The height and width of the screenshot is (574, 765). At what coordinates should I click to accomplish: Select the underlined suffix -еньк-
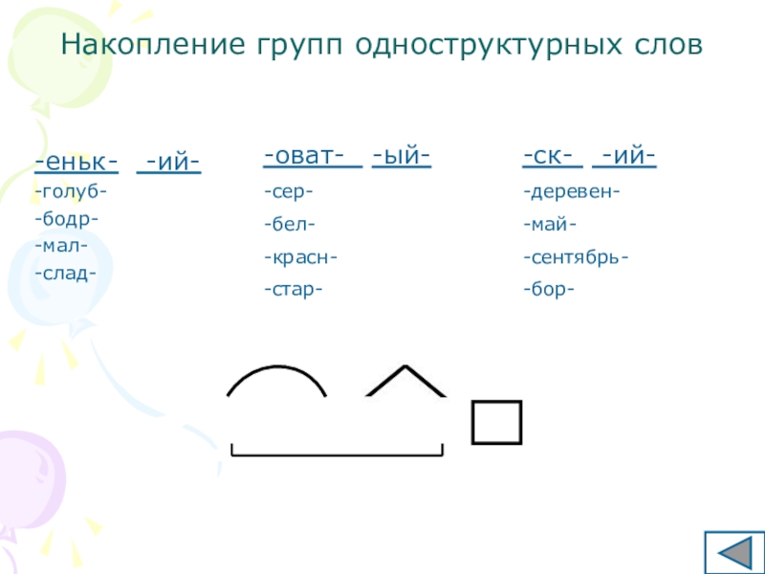tap(76, 164)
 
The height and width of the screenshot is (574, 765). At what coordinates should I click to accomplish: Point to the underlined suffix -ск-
tap(552, 156)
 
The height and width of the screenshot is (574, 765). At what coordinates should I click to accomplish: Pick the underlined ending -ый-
tap(402, 156)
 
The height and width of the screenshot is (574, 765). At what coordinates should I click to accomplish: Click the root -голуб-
tap(71, 192)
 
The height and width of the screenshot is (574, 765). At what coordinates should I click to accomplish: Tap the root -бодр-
tap(66, 219)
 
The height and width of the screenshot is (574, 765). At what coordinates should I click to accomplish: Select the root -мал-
tap(61, 246)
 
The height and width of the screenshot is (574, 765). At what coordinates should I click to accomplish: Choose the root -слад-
tap(65, 273)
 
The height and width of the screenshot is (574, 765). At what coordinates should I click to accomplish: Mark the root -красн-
tap(300, 257)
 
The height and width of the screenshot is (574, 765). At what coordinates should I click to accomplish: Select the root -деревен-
tap(571, 192)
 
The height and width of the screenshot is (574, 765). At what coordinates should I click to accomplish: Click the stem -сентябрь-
tap(576, 257)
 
